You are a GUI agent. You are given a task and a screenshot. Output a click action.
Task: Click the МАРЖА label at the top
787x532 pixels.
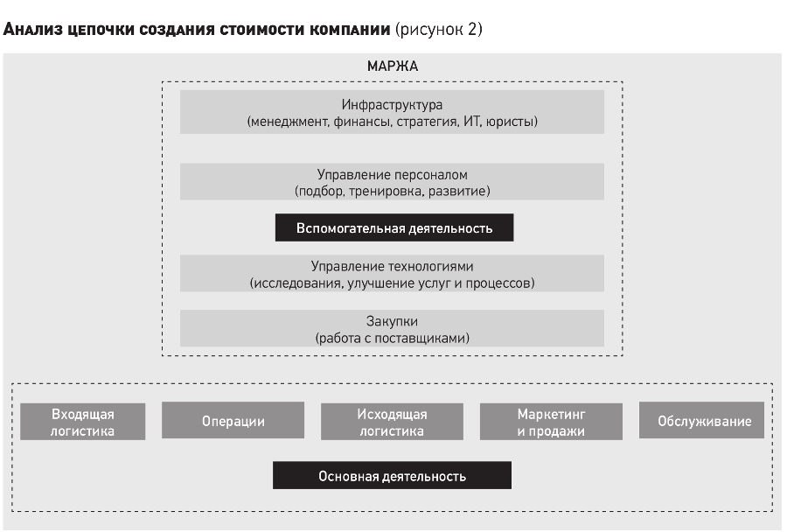coord(393,66)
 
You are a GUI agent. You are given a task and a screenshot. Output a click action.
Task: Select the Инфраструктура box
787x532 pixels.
coord(392,112)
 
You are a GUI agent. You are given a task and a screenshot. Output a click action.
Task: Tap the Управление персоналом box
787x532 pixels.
coord(392,182)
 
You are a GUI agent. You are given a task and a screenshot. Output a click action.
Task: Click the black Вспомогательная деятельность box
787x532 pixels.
coord(394,227)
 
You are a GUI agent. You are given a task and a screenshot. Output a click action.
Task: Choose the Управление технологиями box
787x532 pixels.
coord(392,274)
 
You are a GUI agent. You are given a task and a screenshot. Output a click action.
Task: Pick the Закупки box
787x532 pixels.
coord(392,328)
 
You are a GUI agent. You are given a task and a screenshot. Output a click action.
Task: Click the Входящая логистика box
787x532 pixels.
coord(83,422)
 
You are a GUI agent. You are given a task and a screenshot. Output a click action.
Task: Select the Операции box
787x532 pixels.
coord(233,421)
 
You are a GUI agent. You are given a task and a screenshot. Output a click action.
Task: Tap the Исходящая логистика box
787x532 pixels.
coord(392,422)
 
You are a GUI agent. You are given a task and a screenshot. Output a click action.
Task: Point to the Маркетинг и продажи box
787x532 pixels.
coord(551,422)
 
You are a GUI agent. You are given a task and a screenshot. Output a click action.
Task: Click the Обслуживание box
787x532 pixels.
coord(701,421)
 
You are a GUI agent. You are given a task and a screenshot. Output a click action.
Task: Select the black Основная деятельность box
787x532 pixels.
coord(392,475)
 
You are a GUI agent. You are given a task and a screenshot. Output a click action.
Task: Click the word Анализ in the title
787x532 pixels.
coord(32,29)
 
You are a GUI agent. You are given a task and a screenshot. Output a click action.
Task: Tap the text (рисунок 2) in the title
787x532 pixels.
coord(439,29)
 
